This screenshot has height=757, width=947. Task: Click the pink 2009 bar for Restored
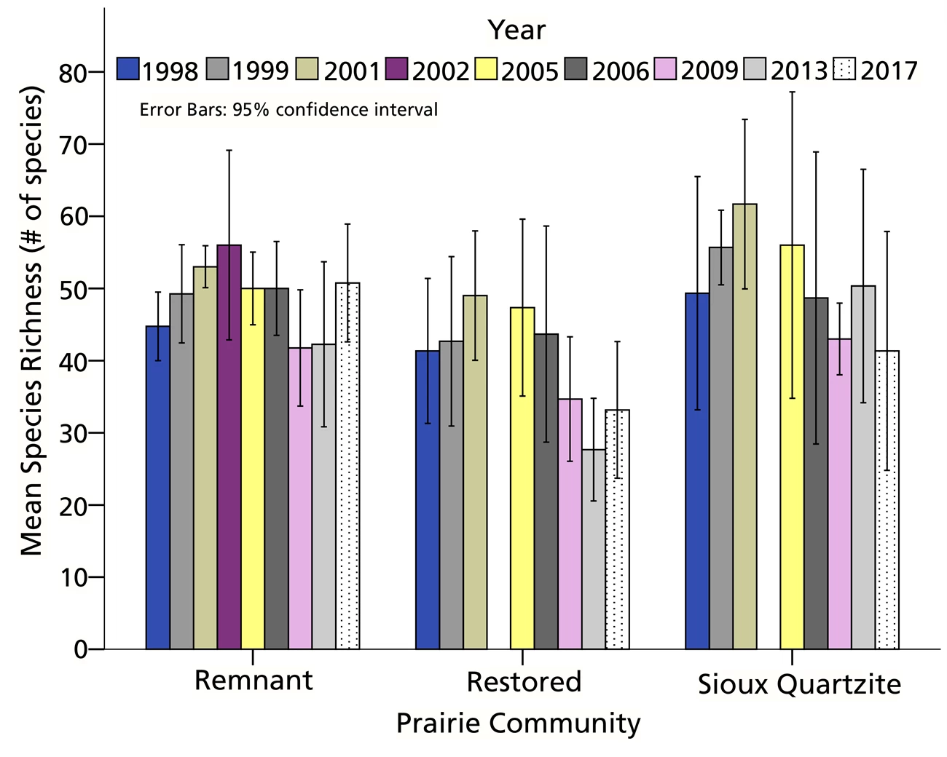(570, 524)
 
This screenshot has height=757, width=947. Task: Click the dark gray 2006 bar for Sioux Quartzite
(816, 473)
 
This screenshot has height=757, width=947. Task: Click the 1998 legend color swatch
(127, 69)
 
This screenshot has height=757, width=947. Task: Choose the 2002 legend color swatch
(398, 69)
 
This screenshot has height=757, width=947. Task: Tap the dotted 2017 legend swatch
(845, 69)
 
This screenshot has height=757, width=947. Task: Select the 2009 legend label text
(710, 71)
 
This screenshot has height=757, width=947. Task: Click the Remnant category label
(254, 681)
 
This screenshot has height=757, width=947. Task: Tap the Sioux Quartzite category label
(799, 684)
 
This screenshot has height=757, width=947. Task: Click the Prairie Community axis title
(518, 724)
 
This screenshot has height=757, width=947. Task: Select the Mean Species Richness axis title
(32, 320)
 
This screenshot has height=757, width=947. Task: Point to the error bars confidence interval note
(288, 110)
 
